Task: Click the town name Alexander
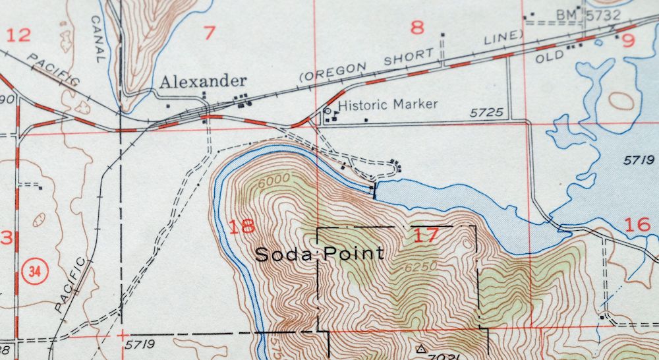click(x=204, y=82)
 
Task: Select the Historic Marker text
click(x=387, y=104)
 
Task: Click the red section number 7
click(x=210, y=32)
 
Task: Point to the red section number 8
click(x=416, y=28)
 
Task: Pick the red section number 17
click(x=426, y=235)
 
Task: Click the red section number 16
click(x=637, y=225)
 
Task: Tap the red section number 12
click(x=18, y=35)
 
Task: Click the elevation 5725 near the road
click(x=486, y=113)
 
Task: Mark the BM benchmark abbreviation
click(x=566, y=15)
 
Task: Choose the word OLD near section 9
click(x=550, y=57)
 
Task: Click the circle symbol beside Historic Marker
click(x=328, y=111)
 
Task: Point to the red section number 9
click(x=628, y=41)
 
